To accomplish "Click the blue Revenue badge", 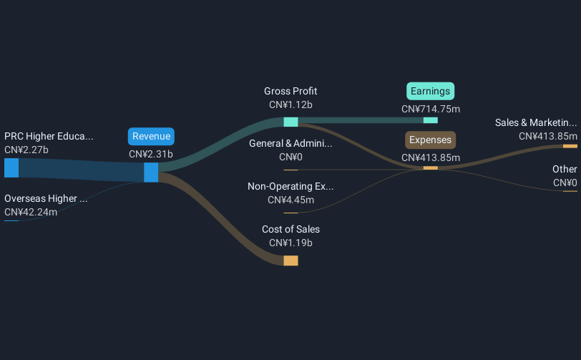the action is tap(151, 137).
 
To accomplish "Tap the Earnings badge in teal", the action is tap(431, 91).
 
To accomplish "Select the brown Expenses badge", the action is tap(431, 140).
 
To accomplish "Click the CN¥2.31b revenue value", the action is tap(151, 154).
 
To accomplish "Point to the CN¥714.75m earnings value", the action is tap(431, 109).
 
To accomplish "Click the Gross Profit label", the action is tap(290, 91).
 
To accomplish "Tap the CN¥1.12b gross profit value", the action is tap(290, 105).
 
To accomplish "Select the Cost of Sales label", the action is tap(290, 229).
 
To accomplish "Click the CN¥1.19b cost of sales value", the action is tap(290, 243).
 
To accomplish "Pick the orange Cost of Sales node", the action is tap(291, 261).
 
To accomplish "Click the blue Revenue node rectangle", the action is tap(151, 172).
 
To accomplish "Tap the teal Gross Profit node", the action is tap(291, 122).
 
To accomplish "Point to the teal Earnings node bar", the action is tap(431, 120).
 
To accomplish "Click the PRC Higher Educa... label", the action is tap(49, 137).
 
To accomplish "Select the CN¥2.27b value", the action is tap(26, 150).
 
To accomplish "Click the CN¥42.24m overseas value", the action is tap(31, 212).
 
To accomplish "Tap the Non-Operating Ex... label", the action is tap(290, 186).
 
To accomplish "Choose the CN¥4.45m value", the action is tap(290, 200).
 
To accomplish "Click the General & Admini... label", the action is tap(290, 143).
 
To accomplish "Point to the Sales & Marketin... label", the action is tap(536, 122).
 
